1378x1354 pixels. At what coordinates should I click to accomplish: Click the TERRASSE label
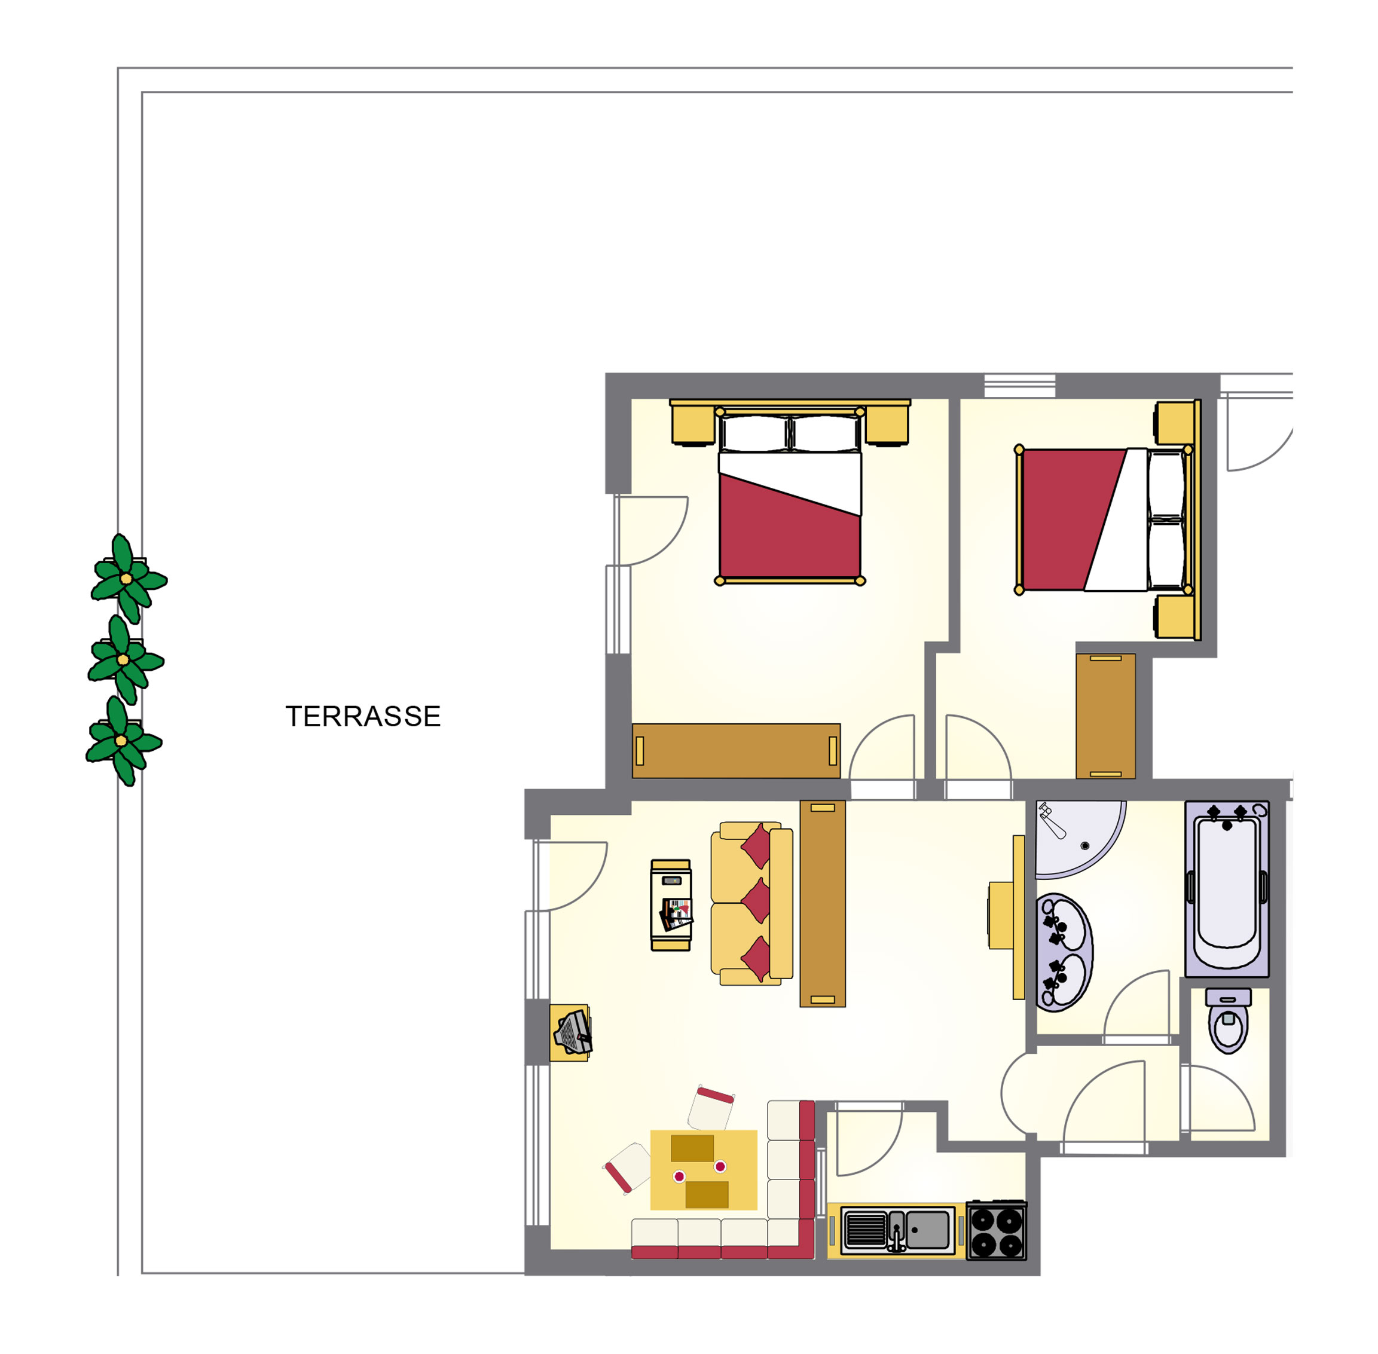(363, 716)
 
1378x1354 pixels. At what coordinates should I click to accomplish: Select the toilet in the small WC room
(1228, 1020)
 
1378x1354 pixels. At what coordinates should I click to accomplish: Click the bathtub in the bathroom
(1227, 888)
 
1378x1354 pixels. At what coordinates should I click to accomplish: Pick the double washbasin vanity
(1064, 952)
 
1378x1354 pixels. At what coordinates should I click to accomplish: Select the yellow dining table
(703, 1170)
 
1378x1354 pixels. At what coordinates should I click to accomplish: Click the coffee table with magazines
(671, 905)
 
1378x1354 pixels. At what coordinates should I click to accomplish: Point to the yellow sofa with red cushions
(751, 904)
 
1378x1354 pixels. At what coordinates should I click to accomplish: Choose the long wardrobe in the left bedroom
(736, 751)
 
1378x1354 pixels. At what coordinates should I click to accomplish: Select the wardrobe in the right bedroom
(1105, 716)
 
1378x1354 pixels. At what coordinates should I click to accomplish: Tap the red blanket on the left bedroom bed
(789, 527)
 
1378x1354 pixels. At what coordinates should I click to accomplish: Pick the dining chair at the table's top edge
(711, 1108)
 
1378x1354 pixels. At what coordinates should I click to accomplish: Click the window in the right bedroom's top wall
(1020, 386)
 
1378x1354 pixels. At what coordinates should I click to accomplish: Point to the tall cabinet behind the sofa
(823, 903)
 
